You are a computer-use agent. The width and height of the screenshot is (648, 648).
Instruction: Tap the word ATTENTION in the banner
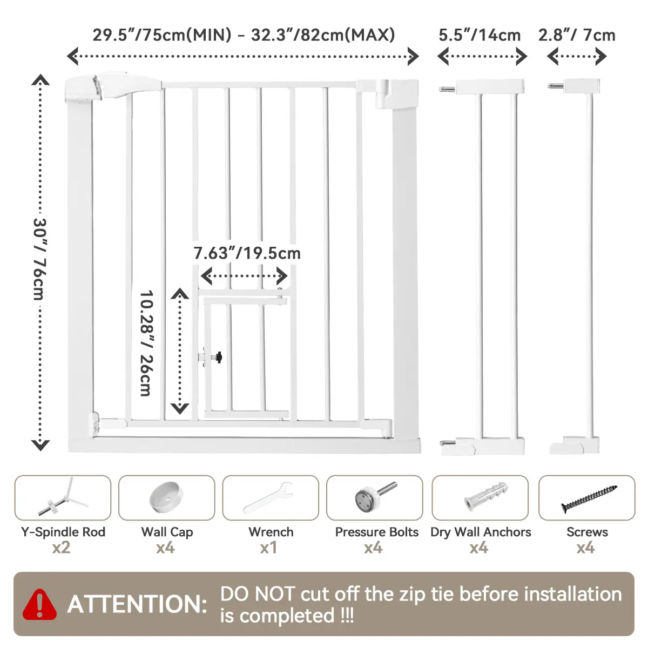tap(137, 604)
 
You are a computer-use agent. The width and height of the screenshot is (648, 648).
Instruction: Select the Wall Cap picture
tap(166, 497)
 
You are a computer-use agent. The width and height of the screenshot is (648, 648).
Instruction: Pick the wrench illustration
tap(268, 497)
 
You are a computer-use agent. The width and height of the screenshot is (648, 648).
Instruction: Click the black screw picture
tap(589, 498)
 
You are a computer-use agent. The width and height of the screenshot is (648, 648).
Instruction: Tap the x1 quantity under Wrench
tap(268, 548)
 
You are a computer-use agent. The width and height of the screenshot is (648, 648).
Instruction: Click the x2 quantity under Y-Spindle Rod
tap(61, 548)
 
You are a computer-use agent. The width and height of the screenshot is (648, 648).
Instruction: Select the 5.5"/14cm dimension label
tap(480, 35)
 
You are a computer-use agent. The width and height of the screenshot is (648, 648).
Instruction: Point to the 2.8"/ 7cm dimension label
tap(577, 35)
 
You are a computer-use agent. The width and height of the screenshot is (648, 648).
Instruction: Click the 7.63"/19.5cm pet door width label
tap(247, 253)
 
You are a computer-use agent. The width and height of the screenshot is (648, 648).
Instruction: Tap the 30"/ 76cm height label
tap(39, 259)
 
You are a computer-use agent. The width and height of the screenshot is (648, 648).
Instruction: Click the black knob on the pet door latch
tap(219, 357)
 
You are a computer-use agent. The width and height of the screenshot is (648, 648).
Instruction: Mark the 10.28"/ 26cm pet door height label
tap(147, 343)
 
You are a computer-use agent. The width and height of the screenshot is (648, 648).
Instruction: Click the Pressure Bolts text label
tap(376, 532)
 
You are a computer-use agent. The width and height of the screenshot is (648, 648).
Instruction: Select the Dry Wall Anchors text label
tap(481, 532)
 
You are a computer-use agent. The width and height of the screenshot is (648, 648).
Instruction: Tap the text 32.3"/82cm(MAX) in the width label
tap(323, 35)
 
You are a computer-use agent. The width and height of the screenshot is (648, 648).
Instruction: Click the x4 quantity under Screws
tap(585, 548)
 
